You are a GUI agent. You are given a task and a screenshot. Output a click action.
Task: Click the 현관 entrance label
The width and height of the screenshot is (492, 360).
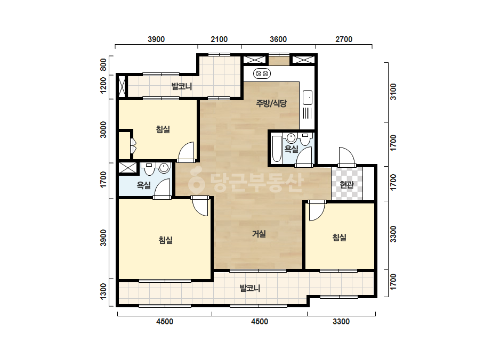coord(346,185)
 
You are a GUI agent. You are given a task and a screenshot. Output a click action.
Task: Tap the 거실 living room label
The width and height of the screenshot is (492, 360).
coord(259,234)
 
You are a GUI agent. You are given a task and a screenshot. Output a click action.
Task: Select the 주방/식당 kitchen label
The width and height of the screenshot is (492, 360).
coord(271,103)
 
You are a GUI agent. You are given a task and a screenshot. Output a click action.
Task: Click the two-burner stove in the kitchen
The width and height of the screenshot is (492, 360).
coord(262,73)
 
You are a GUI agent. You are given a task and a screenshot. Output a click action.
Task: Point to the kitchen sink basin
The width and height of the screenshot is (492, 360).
coord(308,97)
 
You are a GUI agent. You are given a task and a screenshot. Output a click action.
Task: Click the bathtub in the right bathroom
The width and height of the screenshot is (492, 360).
coord(277,149)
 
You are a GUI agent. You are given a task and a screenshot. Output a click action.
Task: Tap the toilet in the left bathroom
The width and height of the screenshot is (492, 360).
coord(149,169)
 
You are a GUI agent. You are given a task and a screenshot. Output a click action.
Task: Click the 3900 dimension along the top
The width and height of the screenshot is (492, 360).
coord(156,39)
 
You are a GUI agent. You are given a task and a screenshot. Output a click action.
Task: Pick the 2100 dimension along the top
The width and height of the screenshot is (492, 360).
coord(219,39)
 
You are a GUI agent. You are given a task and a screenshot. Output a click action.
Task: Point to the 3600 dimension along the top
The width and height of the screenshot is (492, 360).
coord(278,39)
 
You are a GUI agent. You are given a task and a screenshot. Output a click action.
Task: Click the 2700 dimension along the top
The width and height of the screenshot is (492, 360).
coord(344,39)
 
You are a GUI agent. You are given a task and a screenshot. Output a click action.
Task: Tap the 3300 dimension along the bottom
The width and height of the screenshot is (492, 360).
coord(341,322)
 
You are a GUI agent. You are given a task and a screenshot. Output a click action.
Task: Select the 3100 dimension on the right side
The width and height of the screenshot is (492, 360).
coord(393,92)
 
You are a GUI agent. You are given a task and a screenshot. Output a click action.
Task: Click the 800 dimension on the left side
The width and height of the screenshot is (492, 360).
coord(103,65)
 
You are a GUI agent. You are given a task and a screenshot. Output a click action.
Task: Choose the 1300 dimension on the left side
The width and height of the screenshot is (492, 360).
coord(103,291)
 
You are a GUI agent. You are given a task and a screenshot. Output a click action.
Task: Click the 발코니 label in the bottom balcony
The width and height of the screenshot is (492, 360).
coord(250,288)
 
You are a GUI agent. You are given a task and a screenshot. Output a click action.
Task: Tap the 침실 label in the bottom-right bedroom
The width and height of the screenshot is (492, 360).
coord(339,238)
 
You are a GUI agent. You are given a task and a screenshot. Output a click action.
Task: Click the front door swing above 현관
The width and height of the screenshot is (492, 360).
coord(346,157)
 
